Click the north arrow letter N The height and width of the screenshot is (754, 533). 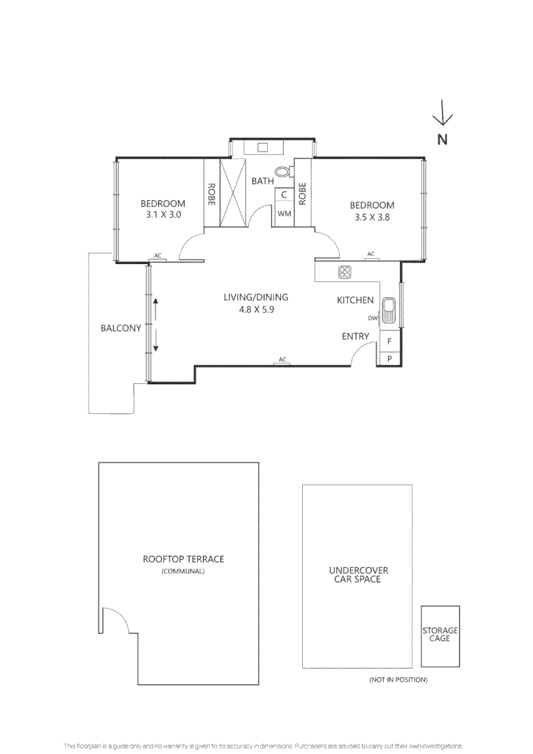pos(442,139)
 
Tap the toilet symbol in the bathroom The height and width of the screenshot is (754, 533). pos(283,171)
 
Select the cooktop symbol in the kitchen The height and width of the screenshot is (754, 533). pos(345,272)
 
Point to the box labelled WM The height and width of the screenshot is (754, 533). pos(284,214)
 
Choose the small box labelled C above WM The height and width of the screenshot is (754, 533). pos(284,195)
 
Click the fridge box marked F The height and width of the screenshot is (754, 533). pos(389,341)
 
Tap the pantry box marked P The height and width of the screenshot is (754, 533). pos(389,358)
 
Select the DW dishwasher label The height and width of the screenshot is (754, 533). pos(373,318)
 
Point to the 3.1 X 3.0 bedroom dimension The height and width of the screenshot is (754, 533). pos(163,216)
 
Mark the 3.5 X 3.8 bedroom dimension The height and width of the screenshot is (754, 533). pos(372,217)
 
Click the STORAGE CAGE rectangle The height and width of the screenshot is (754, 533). pos(440,635)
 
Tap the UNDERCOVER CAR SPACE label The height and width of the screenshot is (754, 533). pos(358,575)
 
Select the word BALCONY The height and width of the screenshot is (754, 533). pos(121,327)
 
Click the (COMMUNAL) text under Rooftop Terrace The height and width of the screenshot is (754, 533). pos(183,572)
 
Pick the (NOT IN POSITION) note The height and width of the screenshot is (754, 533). pos(398,679)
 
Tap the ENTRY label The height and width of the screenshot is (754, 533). pos(355,337)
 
